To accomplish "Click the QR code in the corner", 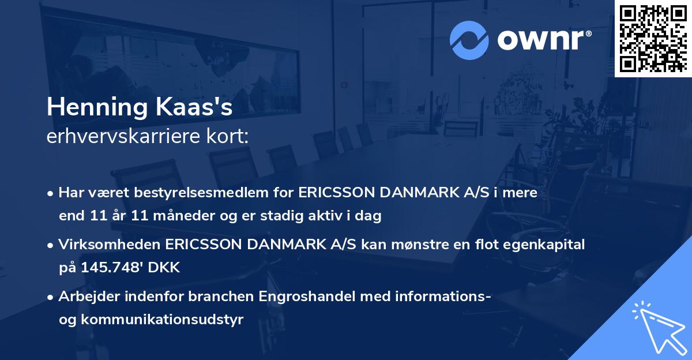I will tap(653, 38).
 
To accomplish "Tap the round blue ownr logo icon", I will tap(469, 39).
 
